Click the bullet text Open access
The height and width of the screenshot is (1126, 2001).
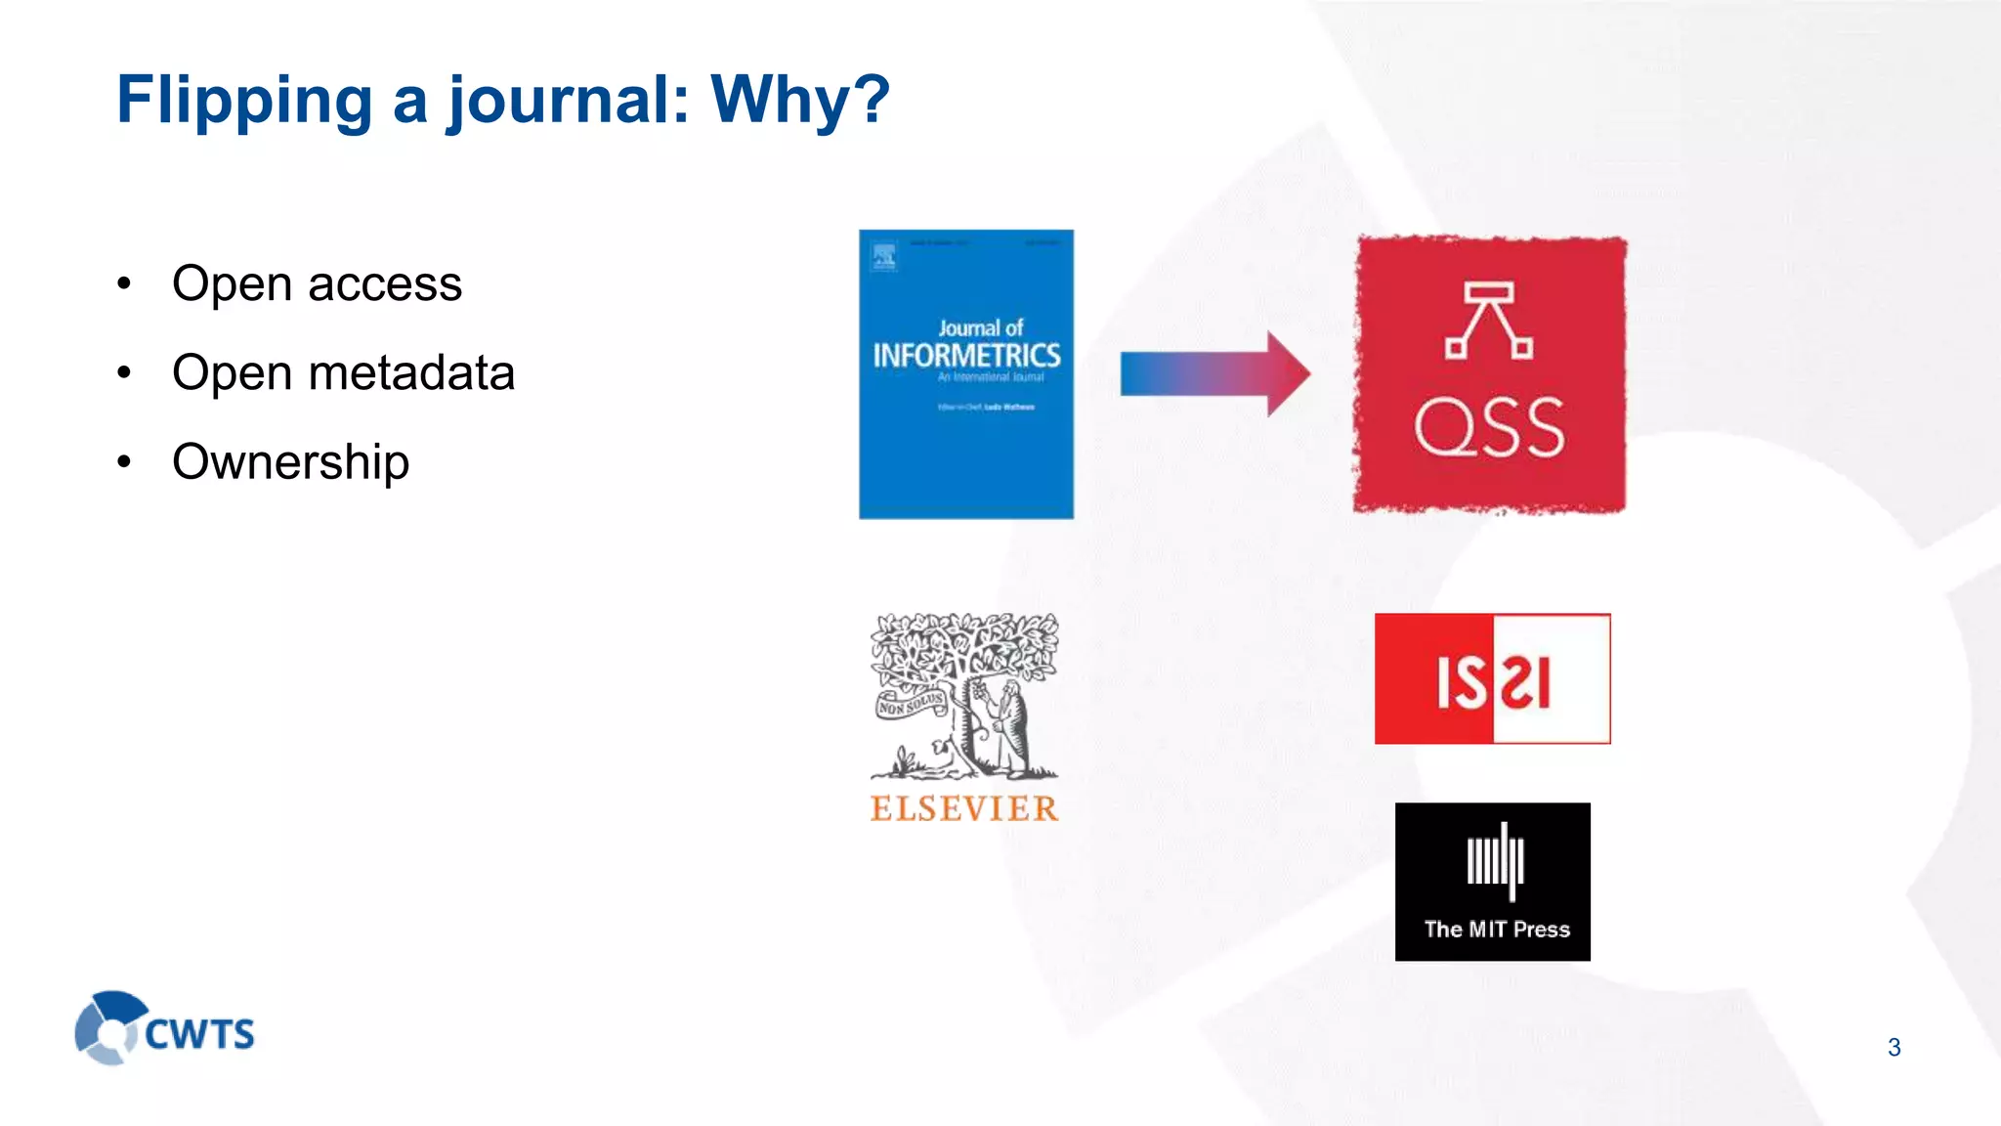click(x=317, y=284)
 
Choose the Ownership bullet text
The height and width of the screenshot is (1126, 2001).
click(x=290, y=461)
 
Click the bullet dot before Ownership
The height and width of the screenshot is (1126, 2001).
click(x=124, y=462)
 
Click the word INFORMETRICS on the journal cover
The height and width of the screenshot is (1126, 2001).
click(x=966, y=356)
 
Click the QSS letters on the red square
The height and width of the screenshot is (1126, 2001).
click(x=1489, y=427)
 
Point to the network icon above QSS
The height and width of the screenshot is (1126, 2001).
click(x=1489, y=320)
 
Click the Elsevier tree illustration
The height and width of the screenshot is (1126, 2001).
click(x=964, y=695)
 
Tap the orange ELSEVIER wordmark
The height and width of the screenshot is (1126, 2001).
click(x=964, y=808)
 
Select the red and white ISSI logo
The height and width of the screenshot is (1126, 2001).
click(x=1492, y=679)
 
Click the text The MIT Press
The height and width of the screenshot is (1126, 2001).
click(x=1497, y=930)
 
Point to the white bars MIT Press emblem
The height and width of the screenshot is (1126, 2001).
click(x=1495, y=861)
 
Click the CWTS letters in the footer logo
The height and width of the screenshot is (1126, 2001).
click(x=199, y=1034)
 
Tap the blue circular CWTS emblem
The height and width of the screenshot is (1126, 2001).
click(x=107, y=1027)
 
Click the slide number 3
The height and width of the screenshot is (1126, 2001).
click(x=1894, y=1048)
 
